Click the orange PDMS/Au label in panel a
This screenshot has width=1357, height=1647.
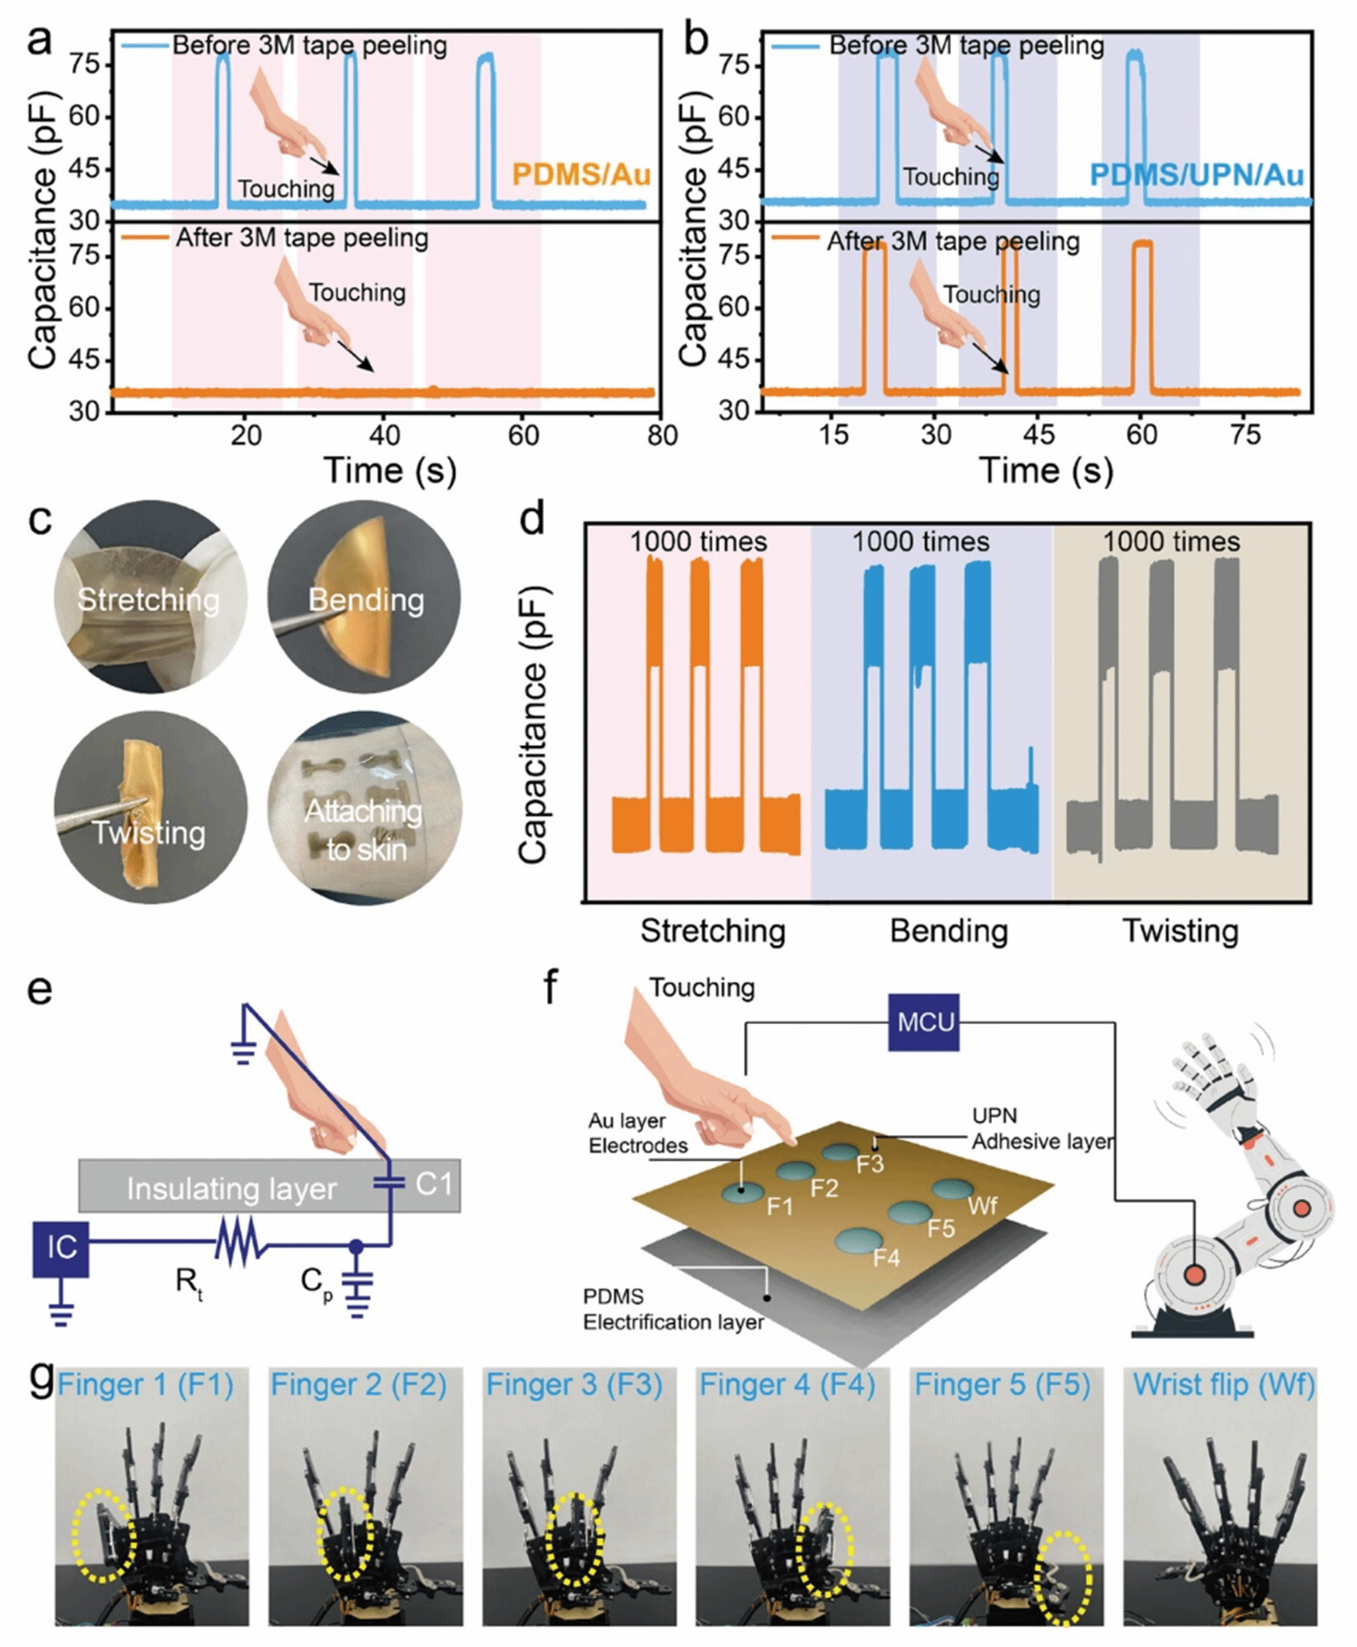tap(581, 174)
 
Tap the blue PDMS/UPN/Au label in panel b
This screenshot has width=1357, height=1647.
tap(1196, 174)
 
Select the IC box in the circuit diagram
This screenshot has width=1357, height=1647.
tap(61, 1247)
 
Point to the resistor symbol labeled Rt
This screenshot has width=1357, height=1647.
tap(243, 1243)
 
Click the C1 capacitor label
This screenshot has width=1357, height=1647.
tap(432, 1184)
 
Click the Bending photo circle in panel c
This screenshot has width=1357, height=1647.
tap(364, 598)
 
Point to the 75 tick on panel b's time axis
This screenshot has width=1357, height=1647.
tap(1245, 435)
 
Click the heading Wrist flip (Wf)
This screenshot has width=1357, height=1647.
tap(1224, 1385)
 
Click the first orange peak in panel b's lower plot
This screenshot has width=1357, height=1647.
tap(874, 313)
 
